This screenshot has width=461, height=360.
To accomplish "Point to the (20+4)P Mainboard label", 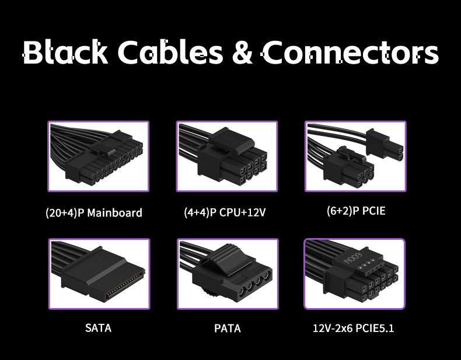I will tap(94, 212).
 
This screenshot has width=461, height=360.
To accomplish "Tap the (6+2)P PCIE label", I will tap(356, 211).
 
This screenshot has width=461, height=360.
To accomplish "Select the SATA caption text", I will tap(98, 327).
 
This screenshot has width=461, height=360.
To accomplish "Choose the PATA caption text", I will tap(227, 328).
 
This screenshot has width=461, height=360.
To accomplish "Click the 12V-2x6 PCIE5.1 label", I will tap(354, 328).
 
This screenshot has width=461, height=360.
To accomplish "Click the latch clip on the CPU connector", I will tap(232, 139).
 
